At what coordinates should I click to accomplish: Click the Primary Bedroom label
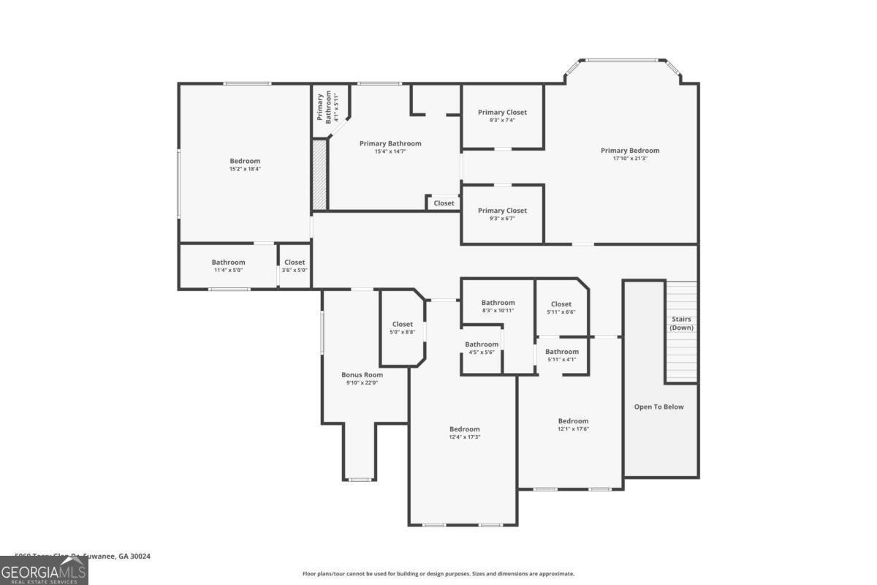pos(630,151)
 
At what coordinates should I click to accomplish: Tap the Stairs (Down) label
pos(681,323)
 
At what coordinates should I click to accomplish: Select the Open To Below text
pos(658,407)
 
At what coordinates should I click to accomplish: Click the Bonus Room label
pos(362,374)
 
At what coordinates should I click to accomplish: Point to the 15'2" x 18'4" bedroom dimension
pos(245,169)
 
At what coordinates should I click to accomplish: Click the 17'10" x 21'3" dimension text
pos(630,159)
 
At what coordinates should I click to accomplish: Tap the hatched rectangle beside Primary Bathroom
pos(319,175)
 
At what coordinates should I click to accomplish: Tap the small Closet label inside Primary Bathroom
pos(444,203)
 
